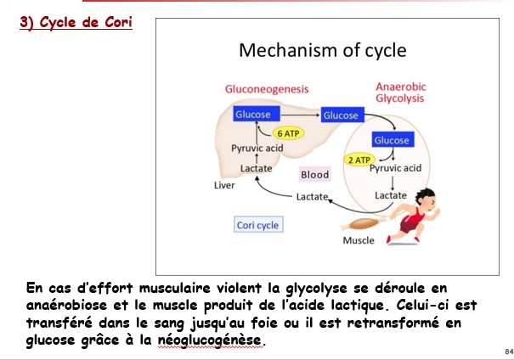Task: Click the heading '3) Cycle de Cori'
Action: coord(76,21)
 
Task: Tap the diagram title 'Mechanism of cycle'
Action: coord(322,50)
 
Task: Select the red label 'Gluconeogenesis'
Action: coord(266,88)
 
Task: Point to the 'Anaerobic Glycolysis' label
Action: coord(400,93)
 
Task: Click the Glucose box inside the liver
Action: coord(252,115)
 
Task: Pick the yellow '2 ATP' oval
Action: coord(359,160)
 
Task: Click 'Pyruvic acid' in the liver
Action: coord(257,149)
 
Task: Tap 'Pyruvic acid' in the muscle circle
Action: coord(395,168)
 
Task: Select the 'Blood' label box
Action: coord(314,175)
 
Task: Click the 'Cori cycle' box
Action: coord(257,225)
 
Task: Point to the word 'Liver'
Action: coord(224,184)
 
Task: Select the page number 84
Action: coord(508,351)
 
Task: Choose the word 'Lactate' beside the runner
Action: coord(391,195)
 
